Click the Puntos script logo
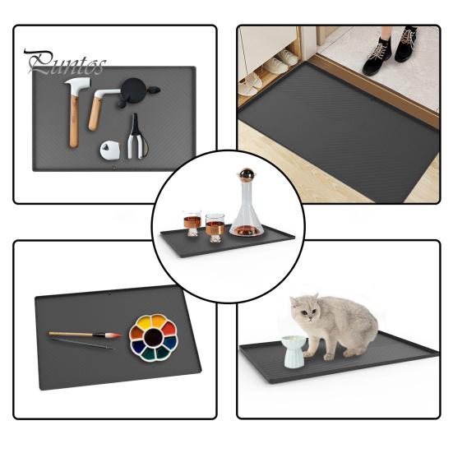[65, 62]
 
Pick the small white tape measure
[110, 150]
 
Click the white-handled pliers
[136, 138]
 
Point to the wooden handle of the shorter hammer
[95, 113]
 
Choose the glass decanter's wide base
[246, 224]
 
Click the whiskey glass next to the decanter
[215, 227]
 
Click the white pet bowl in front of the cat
[294, 351]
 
